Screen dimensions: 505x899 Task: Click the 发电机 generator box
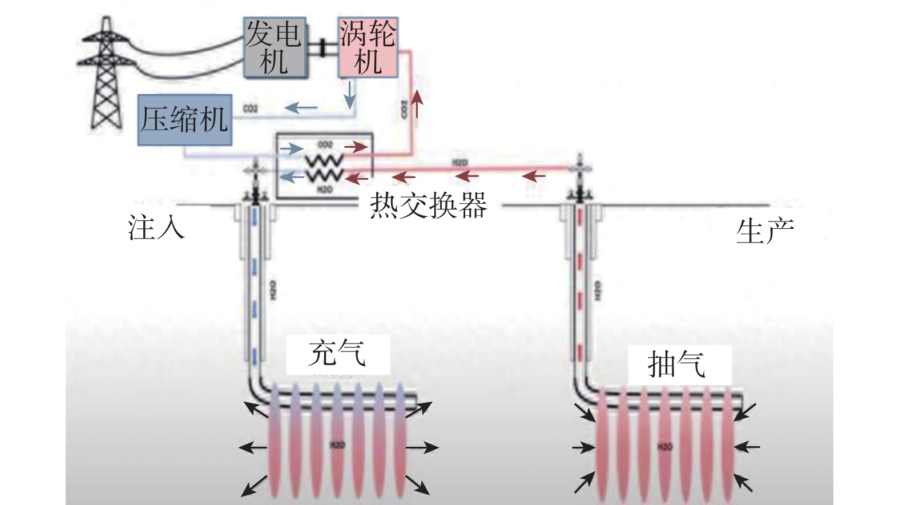[275, 47]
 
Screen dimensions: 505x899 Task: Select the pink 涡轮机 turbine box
[368, 47]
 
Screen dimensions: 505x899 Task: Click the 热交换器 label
[428, 205]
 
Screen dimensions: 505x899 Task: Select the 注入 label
[156, 227]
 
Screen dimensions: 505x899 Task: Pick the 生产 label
[765, 231]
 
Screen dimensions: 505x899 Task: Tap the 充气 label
[337, 353]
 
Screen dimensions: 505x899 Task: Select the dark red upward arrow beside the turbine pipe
[418, 103]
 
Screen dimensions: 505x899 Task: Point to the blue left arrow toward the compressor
[301, 107]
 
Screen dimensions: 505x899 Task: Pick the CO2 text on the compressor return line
[251, 108]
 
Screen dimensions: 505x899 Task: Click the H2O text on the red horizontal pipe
[459, 163]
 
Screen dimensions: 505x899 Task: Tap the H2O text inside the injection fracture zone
[337, 445]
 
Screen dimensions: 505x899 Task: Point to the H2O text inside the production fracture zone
[665, 446]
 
